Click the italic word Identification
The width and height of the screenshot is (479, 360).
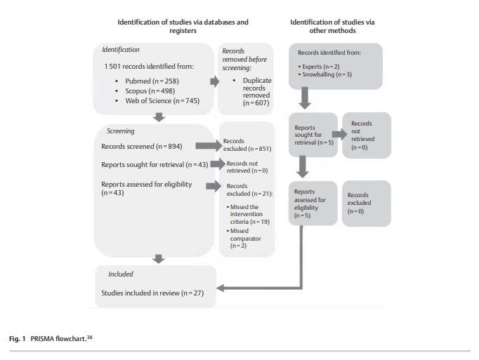pos(121,50)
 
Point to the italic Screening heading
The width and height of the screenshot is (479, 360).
pos(120,131)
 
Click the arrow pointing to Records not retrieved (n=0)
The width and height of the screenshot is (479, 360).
pos(218,165)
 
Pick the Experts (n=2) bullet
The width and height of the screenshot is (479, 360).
pos(320,65)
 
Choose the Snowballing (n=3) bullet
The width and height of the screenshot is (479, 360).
pos(327,74)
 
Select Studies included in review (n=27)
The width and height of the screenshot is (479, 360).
pos(152,293)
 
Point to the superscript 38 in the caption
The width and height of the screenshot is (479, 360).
pos(91,337)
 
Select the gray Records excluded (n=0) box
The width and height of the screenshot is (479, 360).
pos(366,203)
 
